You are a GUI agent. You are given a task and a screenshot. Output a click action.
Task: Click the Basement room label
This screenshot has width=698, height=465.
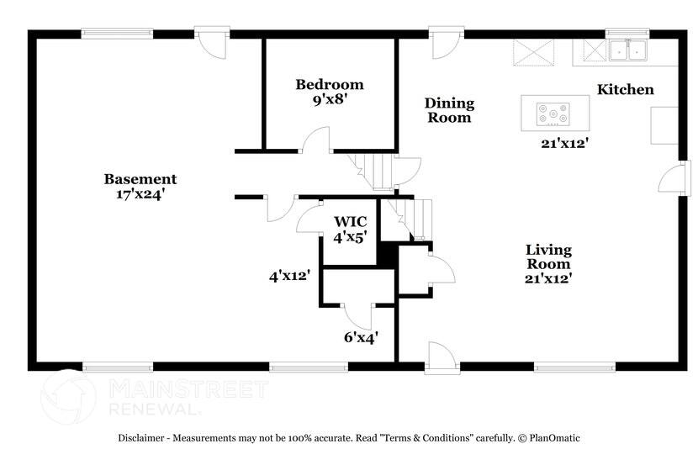(140, 178)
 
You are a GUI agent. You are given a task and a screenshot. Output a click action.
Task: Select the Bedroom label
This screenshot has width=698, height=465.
(329, 84)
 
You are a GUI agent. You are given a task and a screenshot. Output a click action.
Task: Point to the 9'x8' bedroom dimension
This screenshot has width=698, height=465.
(329, 98)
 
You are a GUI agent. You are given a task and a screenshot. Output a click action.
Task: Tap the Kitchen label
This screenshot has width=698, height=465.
(625, 89)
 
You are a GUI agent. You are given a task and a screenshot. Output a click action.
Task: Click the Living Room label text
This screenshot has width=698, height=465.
(548, 256)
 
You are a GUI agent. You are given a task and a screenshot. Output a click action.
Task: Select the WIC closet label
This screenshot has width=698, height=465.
(350, 221)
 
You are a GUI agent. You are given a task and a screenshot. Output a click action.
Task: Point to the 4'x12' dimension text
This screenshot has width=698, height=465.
(289, 274)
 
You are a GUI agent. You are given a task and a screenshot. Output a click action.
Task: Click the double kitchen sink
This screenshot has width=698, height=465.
(627, 51)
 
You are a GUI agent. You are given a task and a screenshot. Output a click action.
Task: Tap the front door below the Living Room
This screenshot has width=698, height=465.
(441, 356)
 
